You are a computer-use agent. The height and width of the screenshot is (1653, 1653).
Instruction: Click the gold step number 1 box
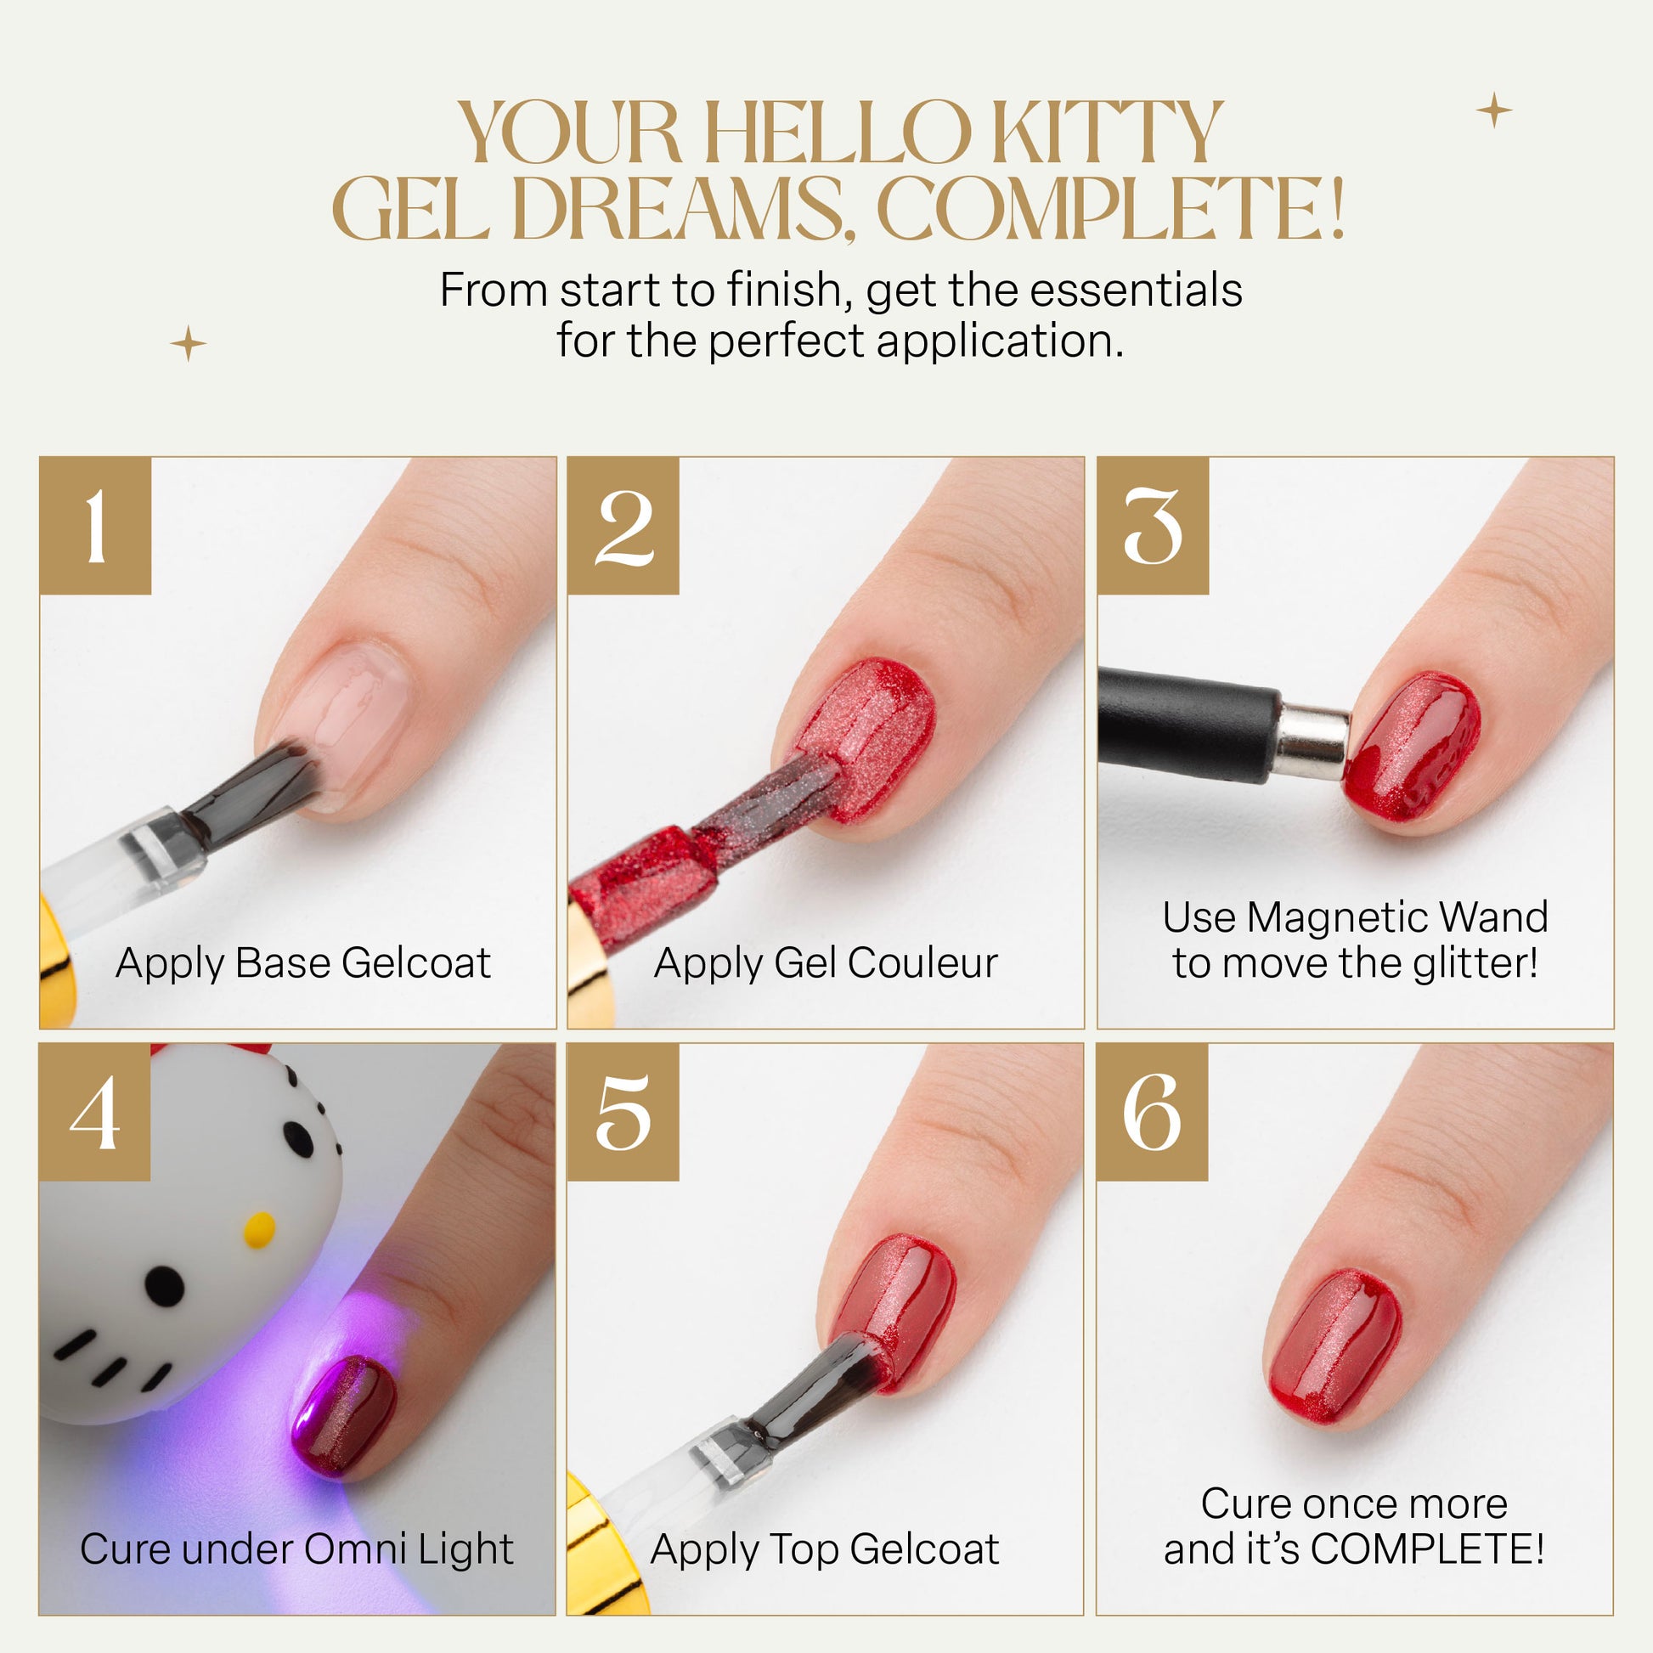pyautogui.click(x=95, y=525)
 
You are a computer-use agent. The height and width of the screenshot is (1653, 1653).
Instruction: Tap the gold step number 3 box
pyautogui.click(x=1153, y=525)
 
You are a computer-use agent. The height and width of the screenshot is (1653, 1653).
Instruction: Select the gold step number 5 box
pyautogui.click(x=623, y=1112)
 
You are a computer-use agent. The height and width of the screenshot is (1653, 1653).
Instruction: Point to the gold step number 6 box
pyautogui.click(x=1152, y=1112)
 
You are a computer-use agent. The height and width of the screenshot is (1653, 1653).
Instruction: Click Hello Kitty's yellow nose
pyautogui.click(x=259, y=1228)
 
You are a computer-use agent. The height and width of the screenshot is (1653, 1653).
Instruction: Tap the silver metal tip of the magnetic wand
pyautogui.click(x=1315, y=742)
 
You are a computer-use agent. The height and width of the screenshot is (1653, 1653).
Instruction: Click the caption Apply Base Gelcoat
pyautogui.click(x=303, y=963)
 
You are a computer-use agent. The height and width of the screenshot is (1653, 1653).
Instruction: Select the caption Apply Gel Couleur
pyautogui.click(x=826, y=963)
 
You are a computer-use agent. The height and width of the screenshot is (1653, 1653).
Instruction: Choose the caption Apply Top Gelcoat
pyautogui.click(x=825, y=1550)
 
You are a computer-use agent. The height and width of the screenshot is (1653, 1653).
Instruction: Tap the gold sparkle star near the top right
pyautogui.click(x=1494, y=110)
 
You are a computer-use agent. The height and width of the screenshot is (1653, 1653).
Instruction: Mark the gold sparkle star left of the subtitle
pyautogui.click(x=189, y=344)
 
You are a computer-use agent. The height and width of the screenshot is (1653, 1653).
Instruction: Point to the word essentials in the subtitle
pyautogui.click(x=1137, y=290)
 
